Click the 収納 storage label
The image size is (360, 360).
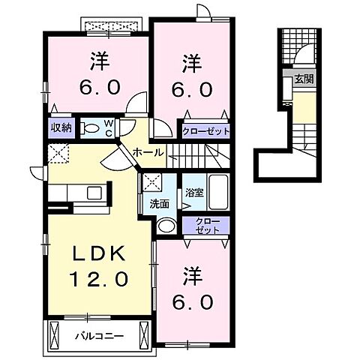pyautogui.click(x=61, y=128)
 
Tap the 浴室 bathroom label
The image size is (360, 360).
pyautogui.click(x=193, y=193)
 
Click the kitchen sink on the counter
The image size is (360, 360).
pyautogui.click(x=95, y=193)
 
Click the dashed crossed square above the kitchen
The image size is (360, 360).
pyautogui.click(x=59, y=154)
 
